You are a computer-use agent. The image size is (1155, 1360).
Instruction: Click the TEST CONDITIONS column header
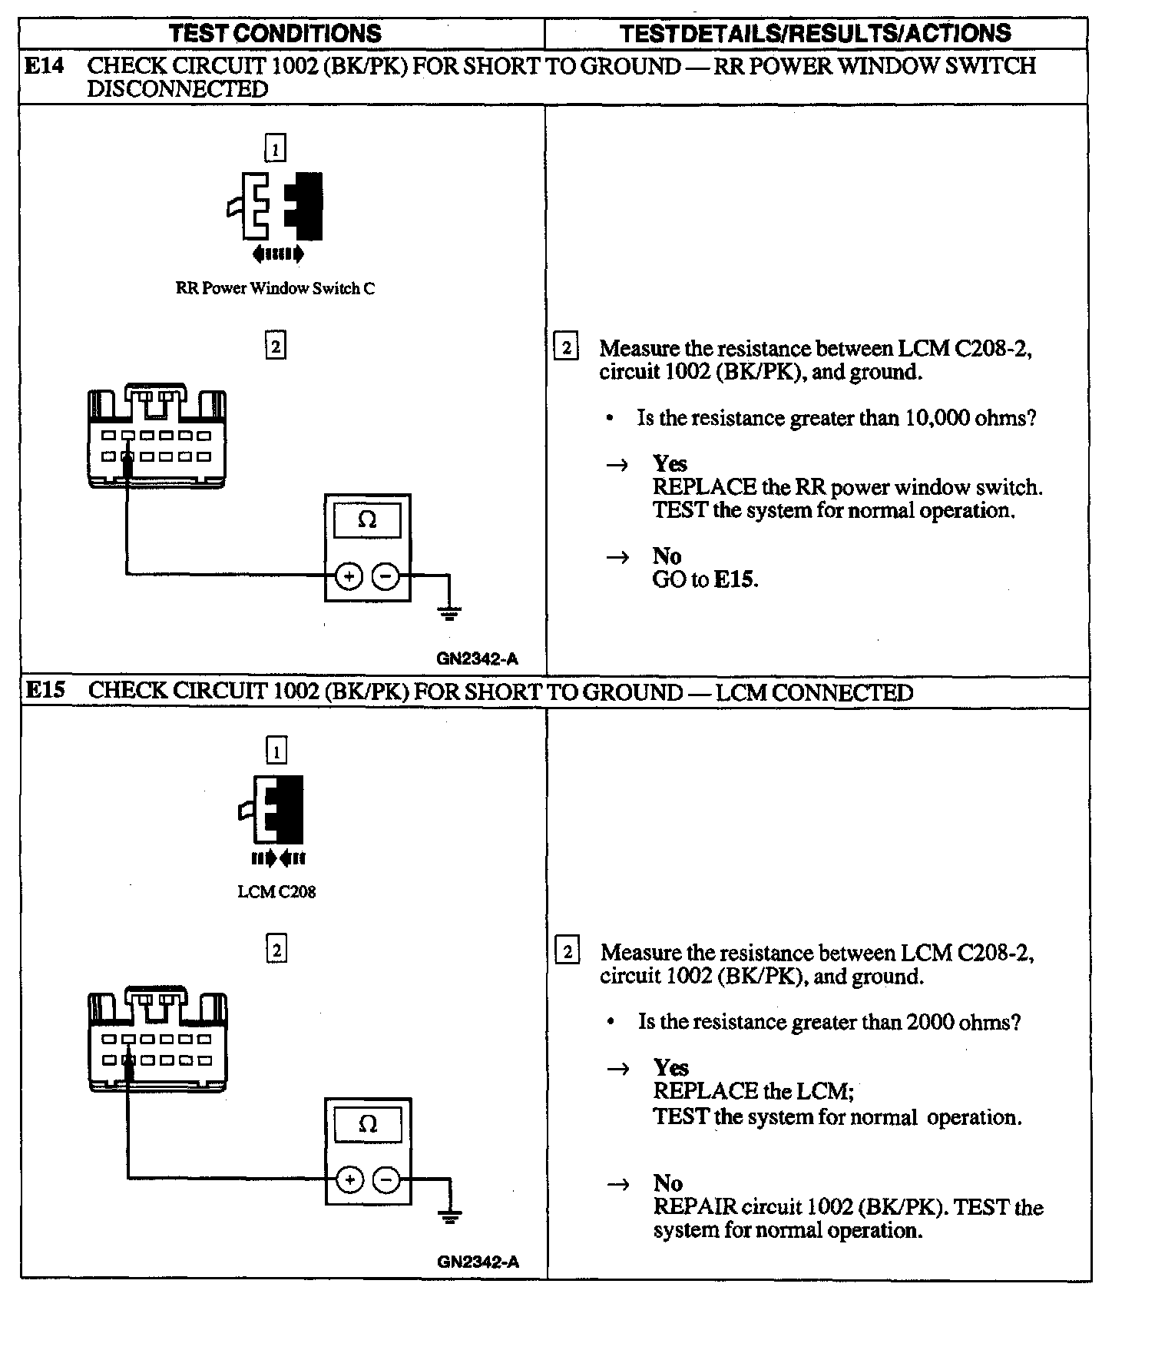coord(275,34)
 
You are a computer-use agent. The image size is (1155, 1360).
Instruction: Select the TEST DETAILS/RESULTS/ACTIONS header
coord(815,34)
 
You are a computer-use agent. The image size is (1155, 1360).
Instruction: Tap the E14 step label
coord(45,66)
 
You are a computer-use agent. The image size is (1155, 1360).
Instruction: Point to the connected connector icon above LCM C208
coord(273,811)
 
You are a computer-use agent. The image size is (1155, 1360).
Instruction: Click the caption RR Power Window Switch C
coord(275,289)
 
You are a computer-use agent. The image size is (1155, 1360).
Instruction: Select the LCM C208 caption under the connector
coord(276,892)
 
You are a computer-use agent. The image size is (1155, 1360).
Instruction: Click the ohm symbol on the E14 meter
coord(367,520)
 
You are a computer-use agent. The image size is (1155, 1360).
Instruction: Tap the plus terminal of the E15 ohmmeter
coord(349,1179)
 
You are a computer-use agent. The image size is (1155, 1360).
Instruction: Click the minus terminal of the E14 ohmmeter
coord(386,576)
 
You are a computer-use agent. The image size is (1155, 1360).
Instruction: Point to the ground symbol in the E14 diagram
coord(449,612)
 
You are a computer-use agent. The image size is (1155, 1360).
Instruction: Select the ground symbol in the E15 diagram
coord(450,1216)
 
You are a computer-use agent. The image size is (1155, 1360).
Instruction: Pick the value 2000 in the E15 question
coord(930,1022)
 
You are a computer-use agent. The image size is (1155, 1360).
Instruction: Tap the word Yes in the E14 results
coord(670,463)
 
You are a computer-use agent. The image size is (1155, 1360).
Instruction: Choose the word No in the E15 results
coord(668,1183)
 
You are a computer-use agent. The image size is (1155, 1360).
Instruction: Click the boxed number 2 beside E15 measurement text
coord(567,952)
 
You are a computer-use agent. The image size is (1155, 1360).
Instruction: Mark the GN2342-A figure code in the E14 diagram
coord(477,658)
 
